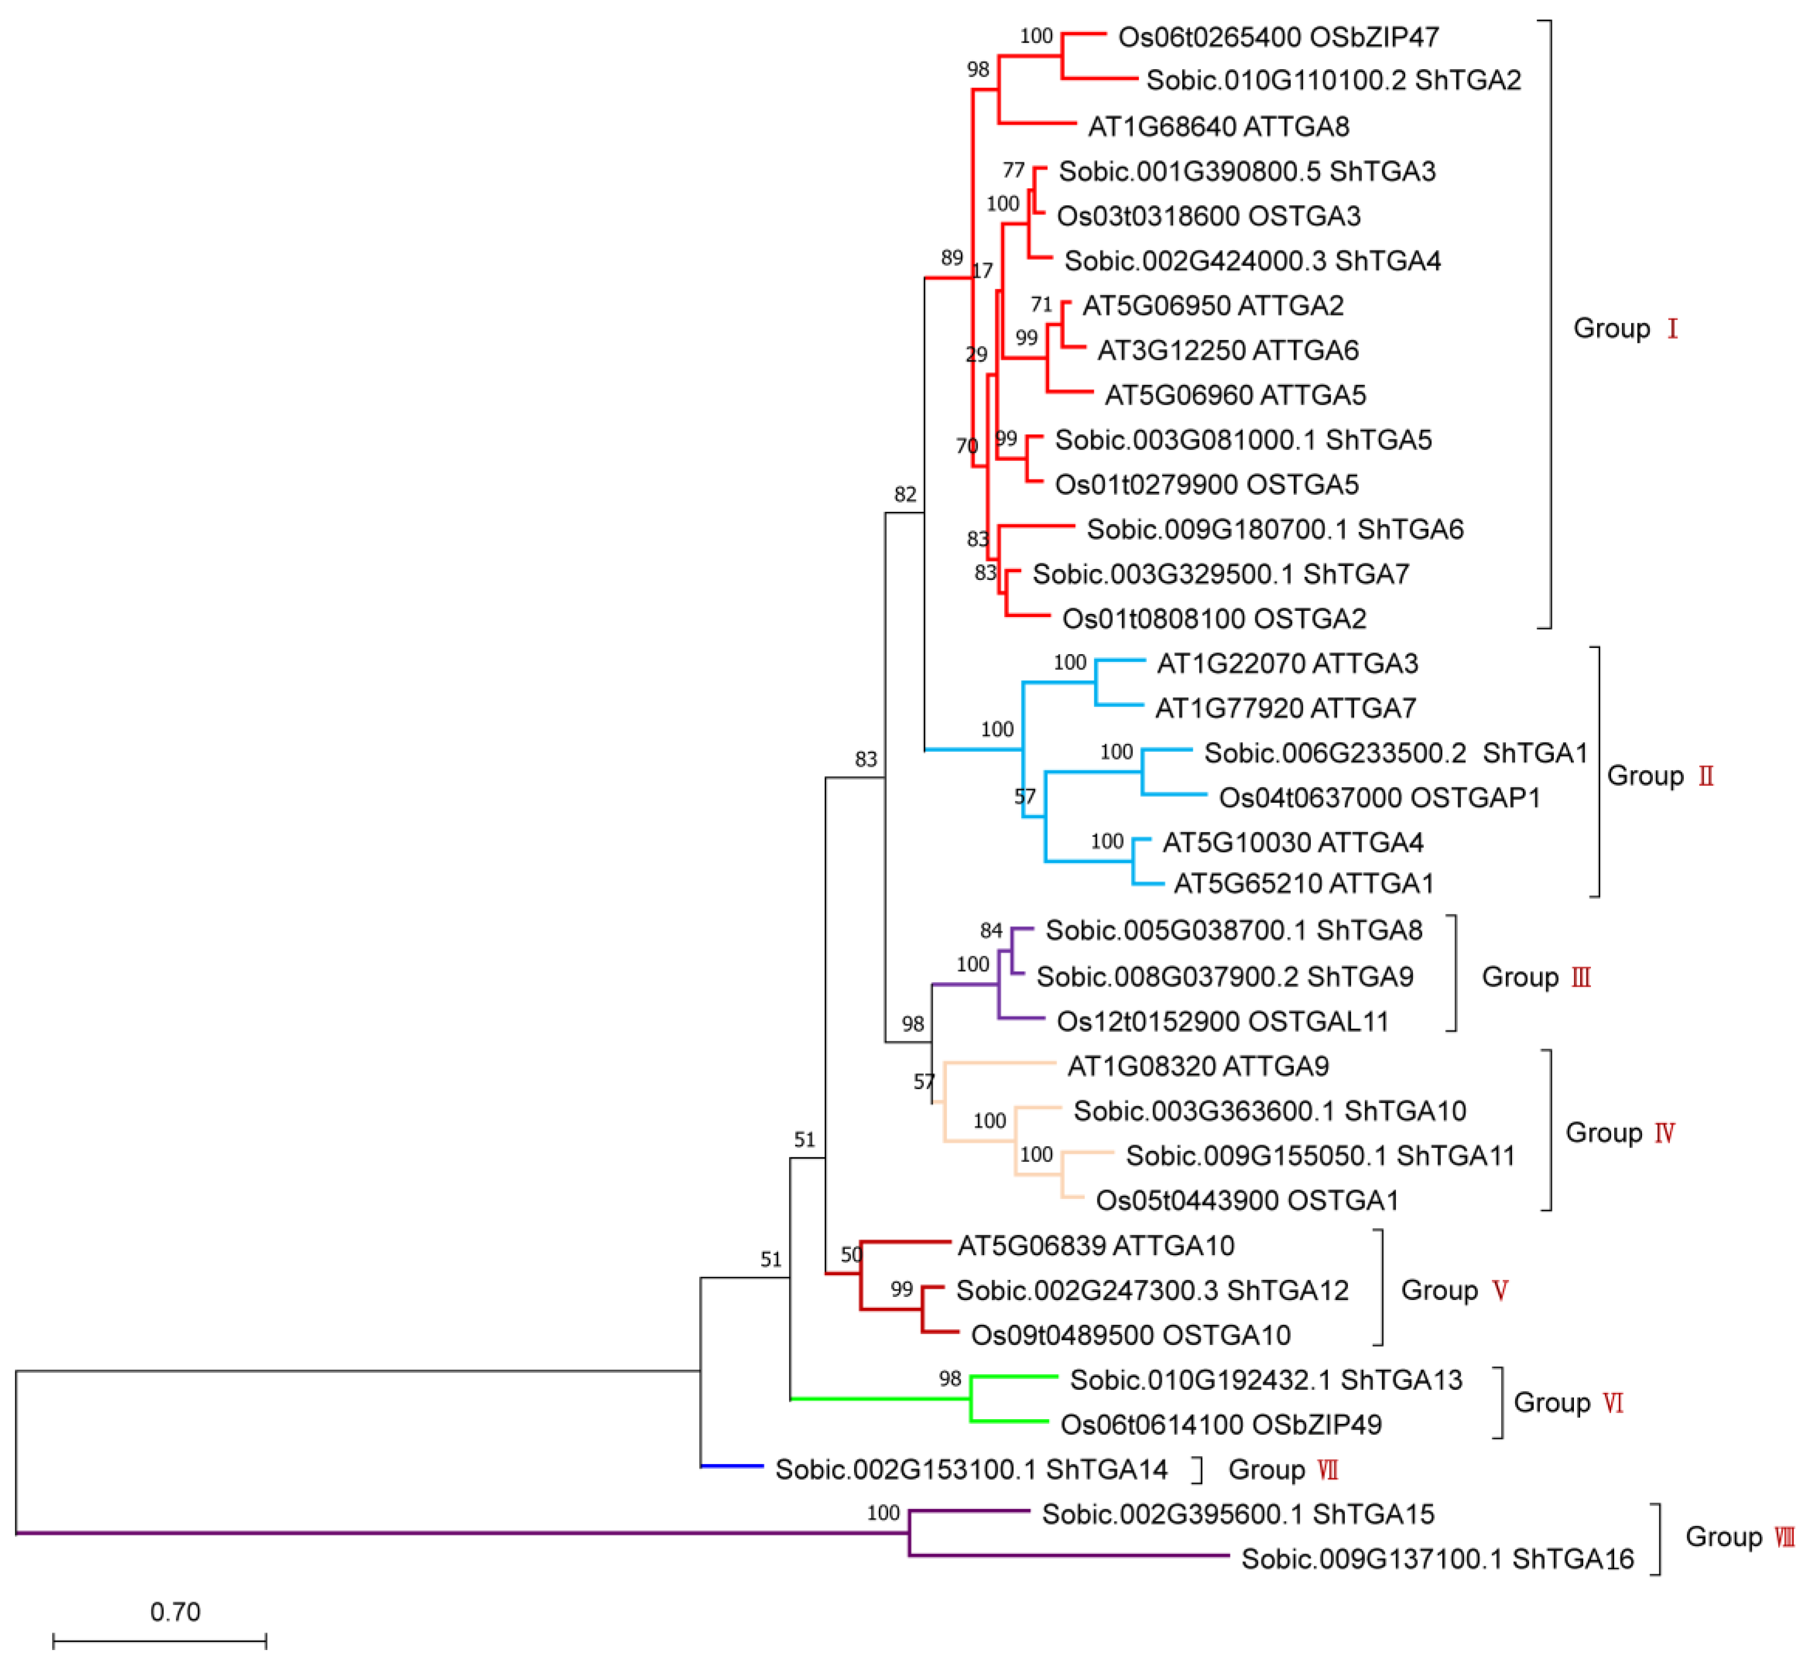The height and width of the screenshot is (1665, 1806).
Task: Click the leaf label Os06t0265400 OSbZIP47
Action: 1278,37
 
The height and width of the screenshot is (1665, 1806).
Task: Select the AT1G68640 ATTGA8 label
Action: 1219,126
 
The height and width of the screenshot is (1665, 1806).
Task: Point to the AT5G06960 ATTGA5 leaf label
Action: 1235,395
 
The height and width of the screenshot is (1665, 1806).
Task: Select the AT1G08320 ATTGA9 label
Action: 1197,1066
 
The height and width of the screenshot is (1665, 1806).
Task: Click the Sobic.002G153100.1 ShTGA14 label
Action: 971,1470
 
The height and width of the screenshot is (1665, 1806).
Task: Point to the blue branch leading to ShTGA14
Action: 732,1466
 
